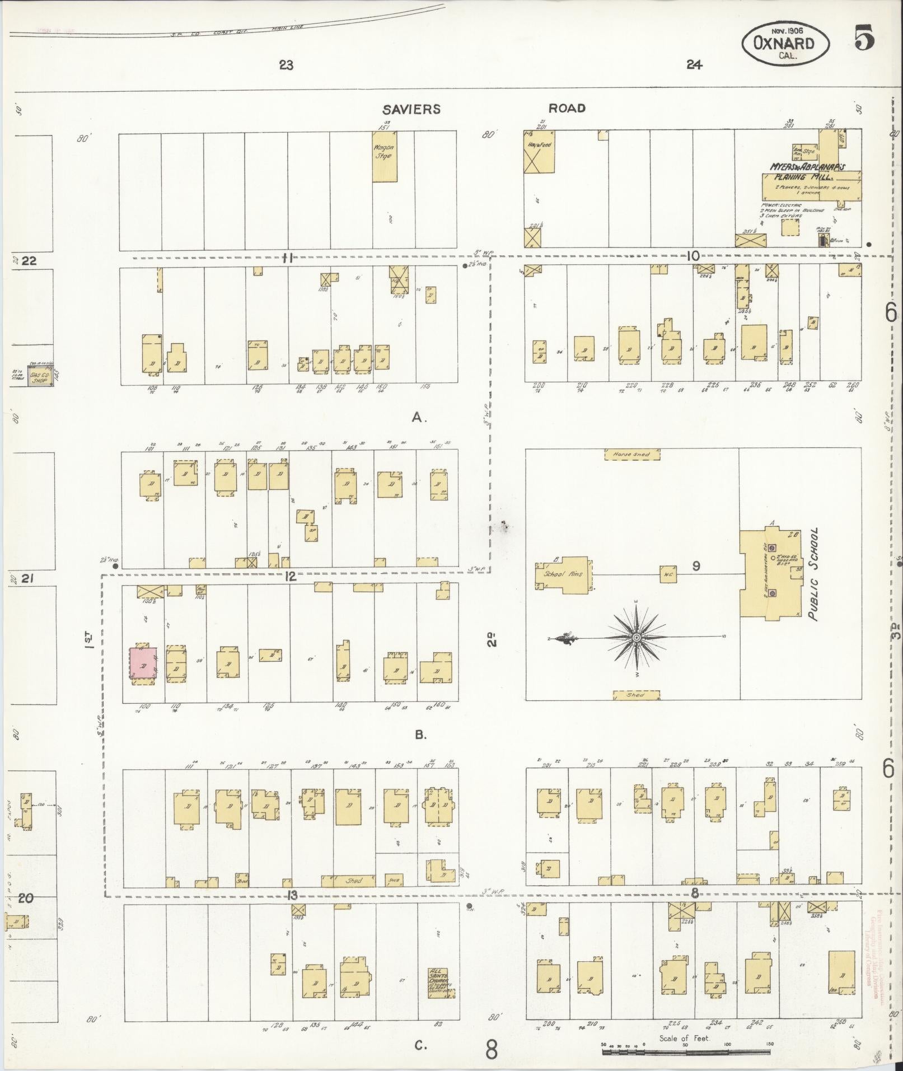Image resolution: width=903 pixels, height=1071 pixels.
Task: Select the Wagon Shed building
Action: (383, 156)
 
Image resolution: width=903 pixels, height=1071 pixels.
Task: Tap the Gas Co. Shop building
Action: (40, 377)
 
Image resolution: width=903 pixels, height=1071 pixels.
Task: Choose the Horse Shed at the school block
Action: (631, 454)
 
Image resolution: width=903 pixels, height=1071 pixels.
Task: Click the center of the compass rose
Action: (637, 638)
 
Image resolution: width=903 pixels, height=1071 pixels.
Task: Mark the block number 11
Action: (288, 258)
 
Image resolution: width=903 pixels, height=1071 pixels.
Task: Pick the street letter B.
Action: (421, 735)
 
